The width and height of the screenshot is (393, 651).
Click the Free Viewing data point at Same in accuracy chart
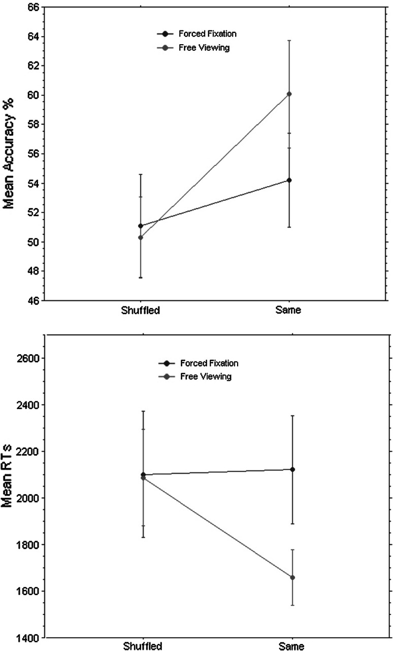click(x=289, y=94)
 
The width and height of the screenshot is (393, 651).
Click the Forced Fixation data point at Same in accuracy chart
click(x=289, y=180)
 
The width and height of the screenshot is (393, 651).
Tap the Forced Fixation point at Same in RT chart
click(x=292, y=469)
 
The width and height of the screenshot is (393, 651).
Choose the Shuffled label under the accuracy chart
click(x=140, y=310)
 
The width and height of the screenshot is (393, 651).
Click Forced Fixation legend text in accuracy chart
click(x=207, y=34)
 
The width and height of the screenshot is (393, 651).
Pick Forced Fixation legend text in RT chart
click(x=209, y=363)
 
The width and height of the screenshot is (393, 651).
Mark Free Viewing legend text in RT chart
click(x=205, y=376)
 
